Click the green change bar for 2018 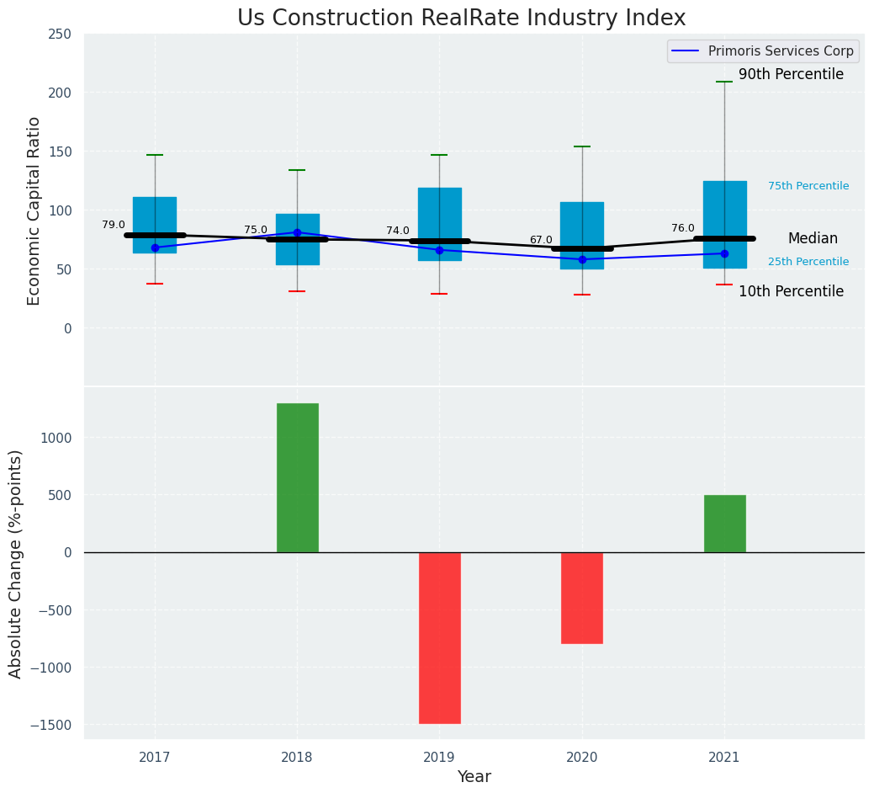pos(297,477)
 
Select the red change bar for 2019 pos(439,637)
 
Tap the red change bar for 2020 pos(582,598)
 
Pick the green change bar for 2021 pos(724,524)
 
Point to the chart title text pos(461,19)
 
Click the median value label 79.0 pos(114,226)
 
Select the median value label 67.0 pos(541,240)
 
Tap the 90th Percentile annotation pos(791,75)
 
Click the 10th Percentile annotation pos(791,292)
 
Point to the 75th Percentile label pos(808,186)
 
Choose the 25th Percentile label pos(808,262)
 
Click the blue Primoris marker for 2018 pos(297,232)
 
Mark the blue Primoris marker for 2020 pos(582,259)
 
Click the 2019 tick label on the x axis pos(439,758)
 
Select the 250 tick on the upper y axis pos(60,35)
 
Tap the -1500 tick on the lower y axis pos(50,725)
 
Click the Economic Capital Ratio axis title pos(34,211)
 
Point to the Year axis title pos(474,777)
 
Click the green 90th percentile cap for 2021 pos(724,82)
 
